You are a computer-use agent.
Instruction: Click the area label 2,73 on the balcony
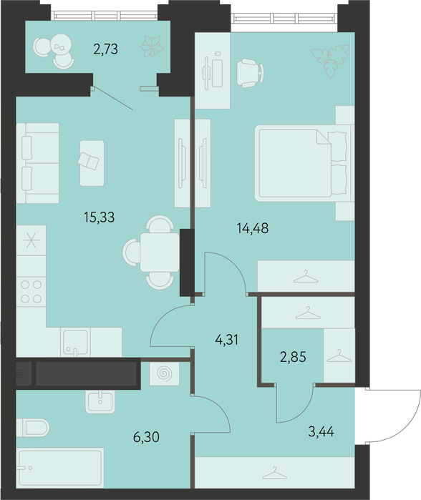106,49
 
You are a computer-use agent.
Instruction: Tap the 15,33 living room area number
100,217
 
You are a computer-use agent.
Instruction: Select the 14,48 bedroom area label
253,228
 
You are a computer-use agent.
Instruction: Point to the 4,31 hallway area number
227,340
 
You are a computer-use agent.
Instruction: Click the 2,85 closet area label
293,358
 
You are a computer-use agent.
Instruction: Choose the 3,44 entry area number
321,432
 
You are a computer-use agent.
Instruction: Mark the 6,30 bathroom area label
146,437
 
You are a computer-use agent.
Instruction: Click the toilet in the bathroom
33,428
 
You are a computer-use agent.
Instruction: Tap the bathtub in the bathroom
60,468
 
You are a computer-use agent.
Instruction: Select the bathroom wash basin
100,401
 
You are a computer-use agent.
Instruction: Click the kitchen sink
76,342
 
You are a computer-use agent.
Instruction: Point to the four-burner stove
31,292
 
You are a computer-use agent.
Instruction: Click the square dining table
160,253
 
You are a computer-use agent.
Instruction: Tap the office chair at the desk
251,73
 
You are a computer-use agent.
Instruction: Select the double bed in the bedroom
304,163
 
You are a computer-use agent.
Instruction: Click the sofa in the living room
38,163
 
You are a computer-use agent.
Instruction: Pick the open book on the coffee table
89,161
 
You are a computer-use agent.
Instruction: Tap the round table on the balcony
62,44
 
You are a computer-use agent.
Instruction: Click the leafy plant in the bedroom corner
331,61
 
